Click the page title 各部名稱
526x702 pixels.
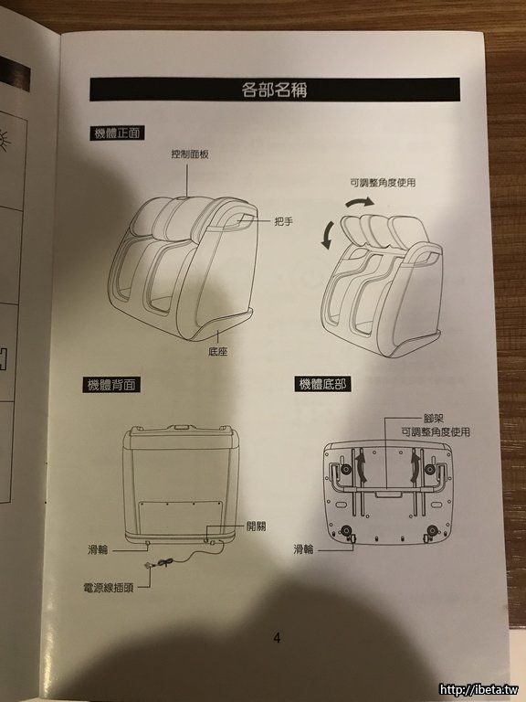coord(274,90)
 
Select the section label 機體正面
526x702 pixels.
coord(117,133)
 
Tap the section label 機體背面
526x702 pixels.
coord(111,385)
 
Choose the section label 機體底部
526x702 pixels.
coord(322,384)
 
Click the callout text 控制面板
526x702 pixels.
coord(190,154)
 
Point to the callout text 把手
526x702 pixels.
coord(284,221)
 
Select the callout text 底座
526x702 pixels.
coord(218,351)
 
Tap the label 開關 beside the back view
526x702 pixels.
coord(256,526)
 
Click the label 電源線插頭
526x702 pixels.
coord(109,588)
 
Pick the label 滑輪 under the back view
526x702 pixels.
coord(98,549)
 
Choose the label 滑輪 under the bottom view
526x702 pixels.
coord(304,549)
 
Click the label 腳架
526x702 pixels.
coord(434,420)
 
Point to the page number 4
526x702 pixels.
coord(277,638)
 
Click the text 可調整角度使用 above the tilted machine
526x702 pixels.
coord(383,183)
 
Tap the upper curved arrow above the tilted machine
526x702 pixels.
coord(360,203)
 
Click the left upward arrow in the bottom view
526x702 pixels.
coord(361,467)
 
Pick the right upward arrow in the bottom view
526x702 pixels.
coord(416,467)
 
